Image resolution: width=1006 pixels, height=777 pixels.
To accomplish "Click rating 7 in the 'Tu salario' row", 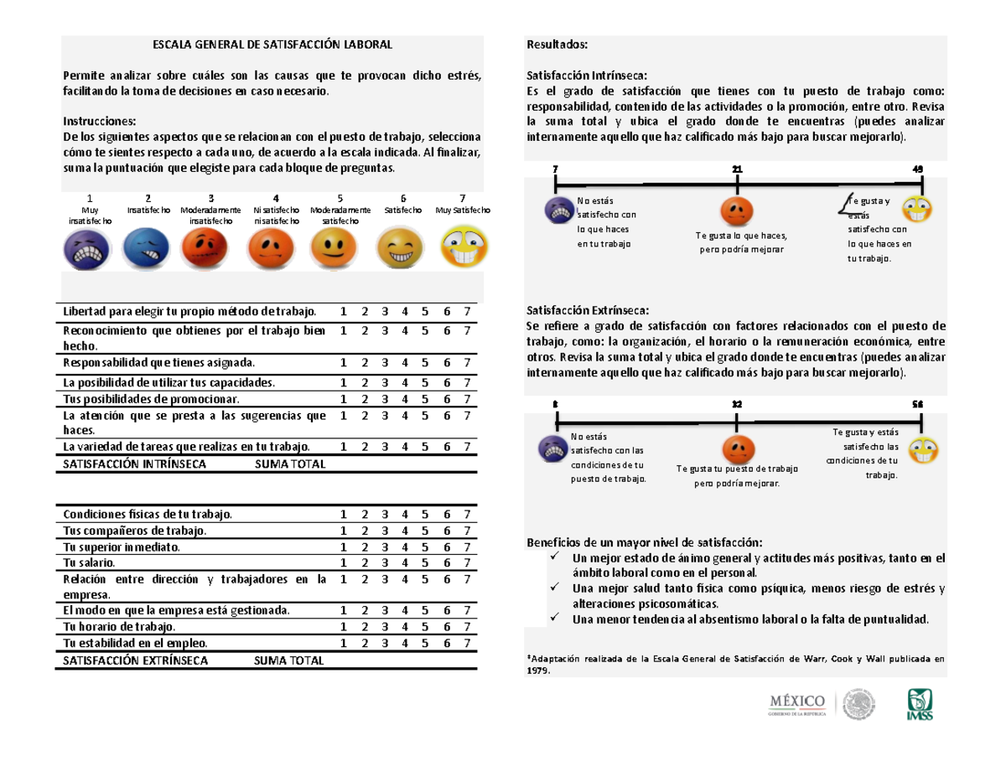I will (x=466, y=562).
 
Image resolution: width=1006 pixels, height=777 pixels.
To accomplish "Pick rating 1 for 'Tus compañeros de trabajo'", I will (x=342, y=531).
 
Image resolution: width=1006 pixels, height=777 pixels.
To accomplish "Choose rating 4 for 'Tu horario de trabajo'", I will (x=404, y=626).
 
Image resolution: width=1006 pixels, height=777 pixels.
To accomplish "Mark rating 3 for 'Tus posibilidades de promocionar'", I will (x=384, y=399).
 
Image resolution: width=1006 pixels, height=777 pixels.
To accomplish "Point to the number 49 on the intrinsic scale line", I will (x=918, y=170).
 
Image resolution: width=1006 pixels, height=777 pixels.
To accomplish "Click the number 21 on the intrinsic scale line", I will (x=737, y=170).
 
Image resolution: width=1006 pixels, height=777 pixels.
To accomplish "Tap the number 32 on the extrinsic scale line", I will (x=736, y=404).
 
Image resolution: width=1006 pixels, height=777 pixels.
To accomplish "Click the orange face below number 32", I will (x=737, y=447).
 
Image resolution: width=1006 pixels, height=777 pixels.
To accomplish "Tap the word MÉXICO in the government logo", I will (x=797, y=700).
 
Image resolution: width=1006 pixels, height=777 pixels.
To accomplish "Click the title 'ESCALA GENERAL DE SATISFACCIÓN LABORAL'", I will (x=271, y=44).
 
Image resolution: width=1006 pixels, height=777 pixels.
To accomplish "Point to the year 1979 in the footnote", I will (x=538, y=671).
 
